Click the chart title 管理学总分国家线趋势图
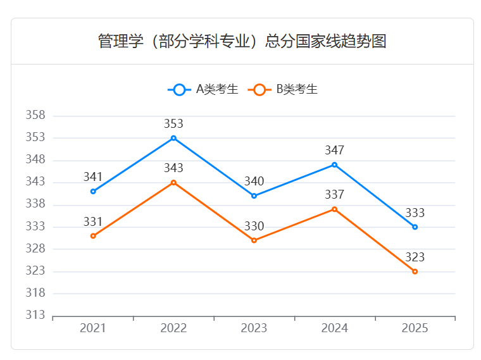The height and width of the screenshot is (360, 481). point(242,42)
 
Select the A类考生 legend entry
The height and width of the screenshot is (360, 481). point(204,89)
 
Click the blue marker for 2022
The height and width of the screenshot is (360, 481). point(173,138)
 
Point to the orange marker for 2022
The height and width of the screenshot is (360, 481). point(173,182)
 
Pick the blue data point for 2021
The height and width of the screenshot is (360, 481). point(93,191)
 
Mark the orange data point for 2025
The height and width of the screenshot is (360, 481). point(415,271)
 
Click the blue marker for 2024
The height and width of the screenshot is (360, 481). point(334,164)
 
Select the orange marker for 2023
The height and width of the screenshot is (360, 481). point(254,240)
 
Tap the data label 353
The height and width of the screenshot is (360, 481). point(173,123)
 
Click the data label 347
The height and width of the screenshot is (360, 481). point(334,150)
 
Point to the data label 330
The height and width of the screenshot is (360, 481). point(254,226)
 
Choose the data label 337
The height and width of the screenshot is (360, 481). point(334,194)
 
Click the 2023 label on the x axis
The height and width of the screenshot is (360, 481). point(254,328)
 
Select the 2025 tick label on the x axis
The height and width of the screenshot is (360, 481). point(415,328)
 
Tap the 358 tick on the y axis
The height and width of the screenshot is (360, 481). point(35,115)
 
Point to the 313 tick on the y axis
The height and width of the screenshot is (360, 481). point(35,315)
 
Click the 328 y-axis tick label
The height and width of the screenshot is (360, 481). point(35,249)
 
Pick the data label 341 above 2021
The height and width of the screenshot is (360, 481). point(93,177)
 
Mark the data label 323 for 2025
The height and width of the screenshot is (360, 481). point(415,257)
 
